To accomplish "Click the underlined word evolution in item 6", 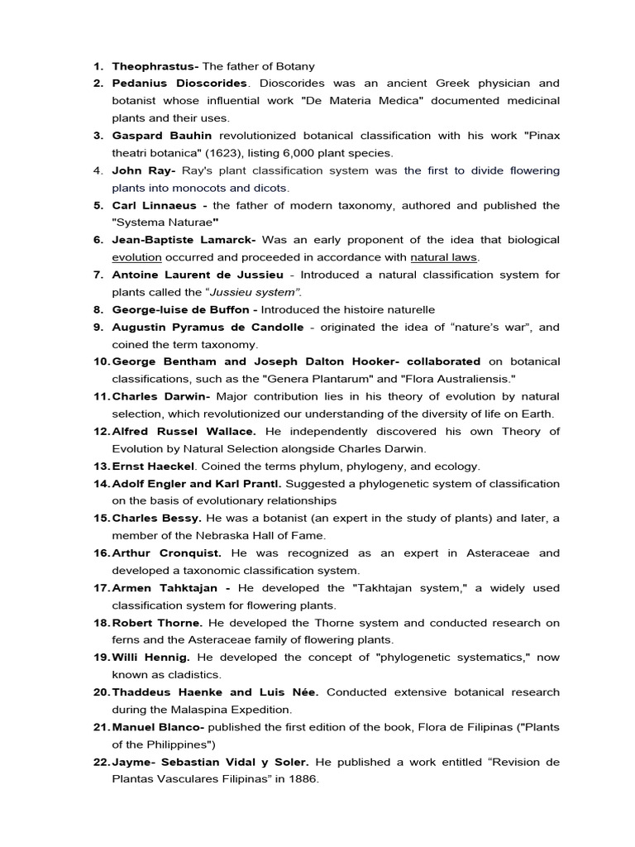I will tap(137, 257).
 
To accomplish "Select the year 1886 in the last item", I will tap(301, 778).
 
